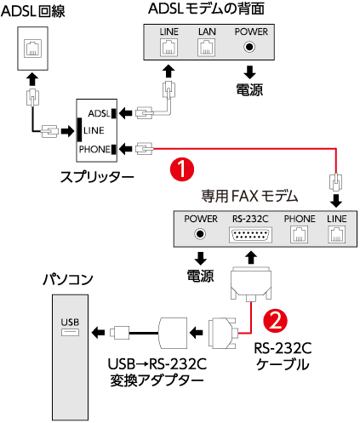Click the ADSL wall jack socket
33,49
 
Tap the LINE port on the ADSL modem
169,48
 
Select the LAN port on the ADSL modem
206,48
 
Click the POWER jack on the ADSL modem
249,47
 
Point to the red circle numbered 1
182,169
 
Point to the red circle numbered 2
275,321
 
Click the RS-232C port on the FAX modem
250,235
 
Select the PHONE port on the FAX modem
299,235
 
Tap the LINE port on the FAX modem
337,235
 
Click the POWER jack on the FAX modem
200,234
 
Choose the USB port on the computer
70,332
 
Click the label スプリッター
97,177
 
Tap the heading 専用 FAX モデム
249,196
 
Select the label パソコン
68,279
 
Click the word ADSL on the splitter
99,113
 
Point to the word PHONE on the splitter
94,149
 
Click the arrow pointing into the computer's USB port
99,332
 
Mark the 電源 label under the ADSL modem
249,89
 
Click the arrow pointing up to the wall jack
32,79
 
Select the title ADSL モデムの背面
206,9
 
